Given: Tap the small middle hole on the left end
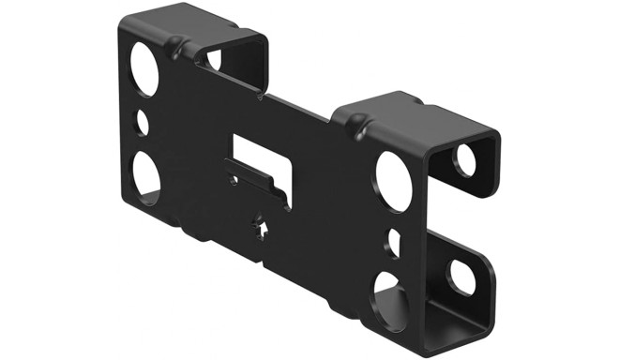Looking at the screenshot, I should coord(143,123).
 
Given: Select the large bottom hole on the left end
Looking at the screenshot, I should coord(145,173).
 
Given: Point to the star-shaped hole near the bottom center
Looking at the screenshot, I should coord(259,225).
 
